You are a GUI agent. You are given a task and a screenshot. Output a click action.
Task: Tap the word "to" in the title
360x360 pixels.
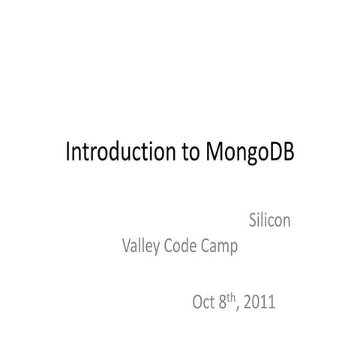point(189,152)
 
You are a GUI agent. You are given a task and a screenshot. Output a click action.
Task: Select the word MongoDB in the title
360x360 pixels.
point(248,153)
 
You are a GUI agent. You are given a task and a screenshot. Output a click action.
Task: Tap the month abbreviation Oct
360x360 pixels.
point(204,303)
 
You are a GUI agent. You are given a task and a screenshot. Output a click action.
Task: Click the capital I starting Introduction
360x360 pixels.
point(68,152)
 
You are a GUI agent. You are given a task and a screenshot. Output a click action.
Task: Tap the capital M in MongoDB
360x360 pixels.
point(211,152)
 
